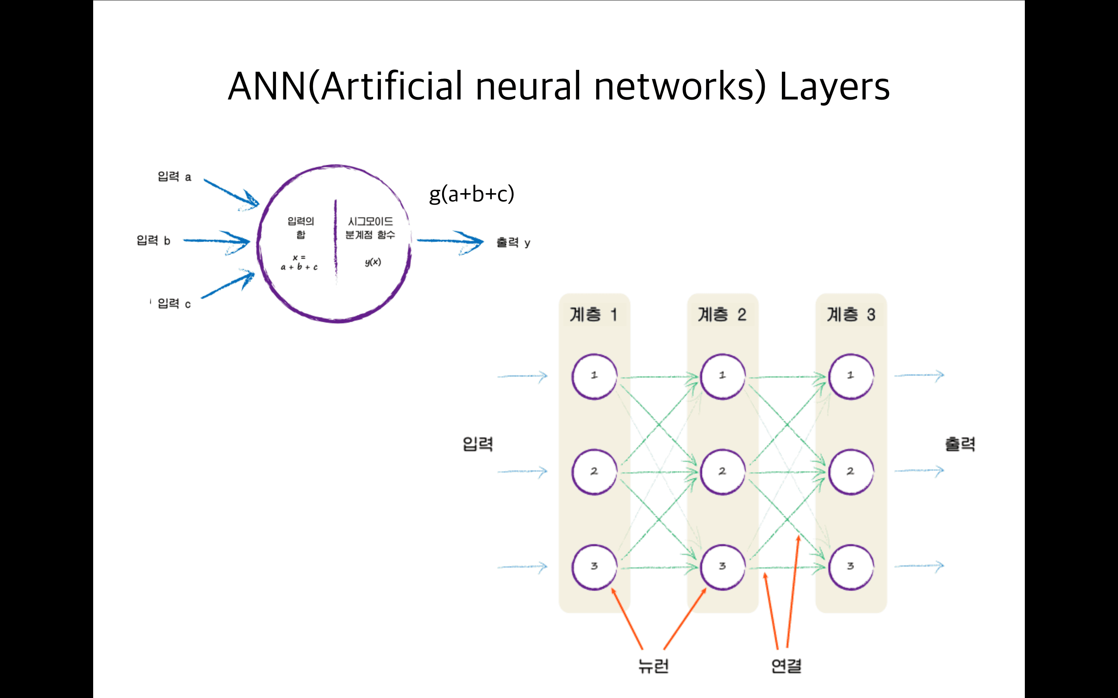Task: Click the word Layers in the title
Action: [834, 87]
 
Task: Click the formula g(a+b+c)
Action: [471, 194]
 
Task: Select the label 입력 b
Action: [153, 240]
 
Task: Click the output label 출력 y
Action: [513, 242]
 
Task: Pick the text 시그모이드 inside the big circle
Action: [370, 221]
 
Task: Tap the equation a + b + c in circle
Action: [299, 267]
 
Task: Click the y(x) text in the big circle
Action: [373, 262]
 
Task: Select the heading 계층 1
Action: [594, 314]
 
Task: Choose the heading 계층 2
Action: [722, 314]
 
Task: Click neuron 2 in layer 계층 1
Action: [594, 471]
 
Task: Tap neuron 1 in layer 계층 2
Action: [722, 376]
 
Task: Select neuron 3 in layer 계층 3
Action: [851, 567]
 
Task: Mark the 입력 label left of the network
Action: [478, 444]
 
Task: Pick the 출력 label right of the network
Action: [960, 444]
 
